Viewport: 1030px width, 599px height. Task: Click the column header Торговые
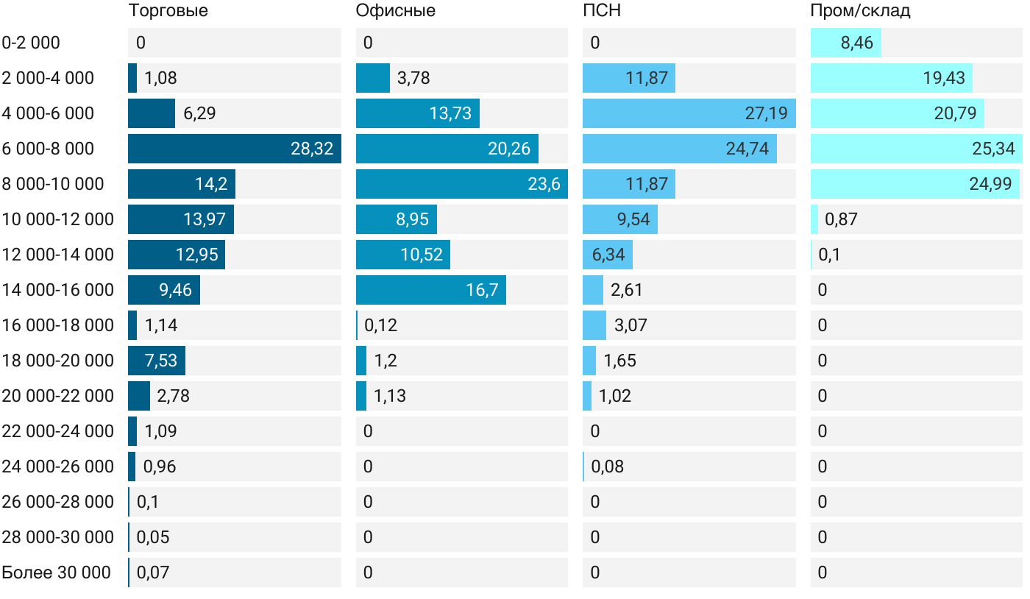point(168,10)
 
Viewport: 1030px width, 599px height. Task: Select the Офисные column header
point(395,10)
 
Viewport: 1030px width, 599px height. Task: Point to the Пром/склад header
point(860,10)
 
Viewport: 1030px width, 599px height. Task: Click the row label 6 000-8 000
point(48,149)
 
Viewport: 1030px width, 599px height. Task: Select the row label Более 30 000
point(56,573)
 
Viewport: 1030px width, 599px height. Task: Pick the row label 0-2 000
point(31,43)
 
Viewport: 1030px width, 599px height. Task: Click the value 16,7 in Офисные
point(482,290)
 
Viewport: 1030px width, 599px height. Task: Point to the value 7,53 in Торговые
point(161,361)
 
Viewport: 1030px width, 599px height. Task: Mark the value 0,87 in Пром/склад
point(841,219)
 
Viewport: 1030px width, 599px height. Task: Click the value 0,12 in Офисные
point(380,325)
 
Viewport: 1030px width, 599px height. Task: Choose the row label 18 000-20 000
point(58,361)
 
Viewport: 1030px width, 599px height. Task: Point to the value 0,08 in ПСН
point(607,467)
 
